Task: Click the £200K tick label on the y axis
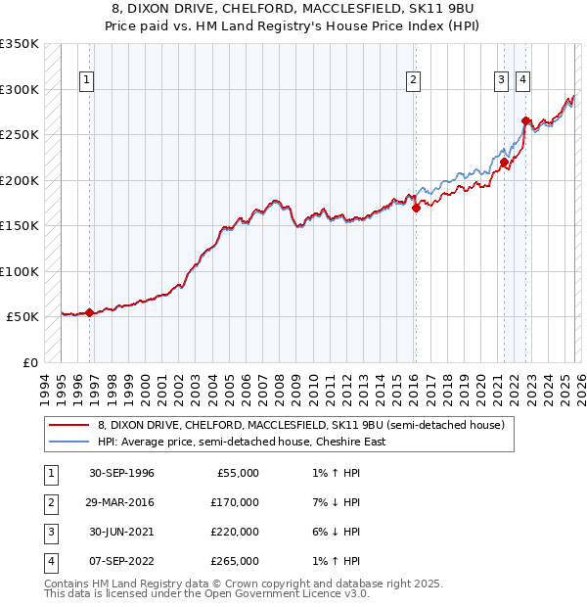(20, 180)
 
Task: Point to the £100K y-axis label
(20, 271)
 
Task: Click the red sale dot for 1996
(90, 313)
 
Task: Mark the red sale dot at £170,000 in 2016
(416, 208)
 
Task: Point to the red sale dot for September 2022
(525, 121)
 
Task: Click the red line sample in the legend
(68, 426)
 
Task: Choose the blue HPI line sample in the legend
(68, 442)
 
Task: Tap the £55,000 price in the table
(236, 473)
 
